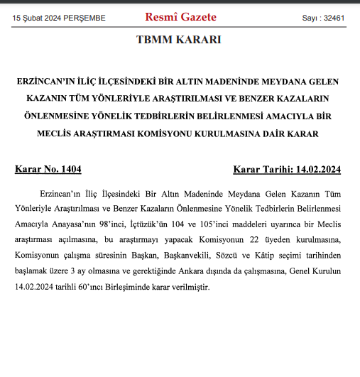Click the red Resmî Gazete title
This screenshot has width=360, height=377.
coord(180,16)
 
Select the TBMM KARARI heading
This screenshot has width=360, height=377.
coord(179,40)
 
